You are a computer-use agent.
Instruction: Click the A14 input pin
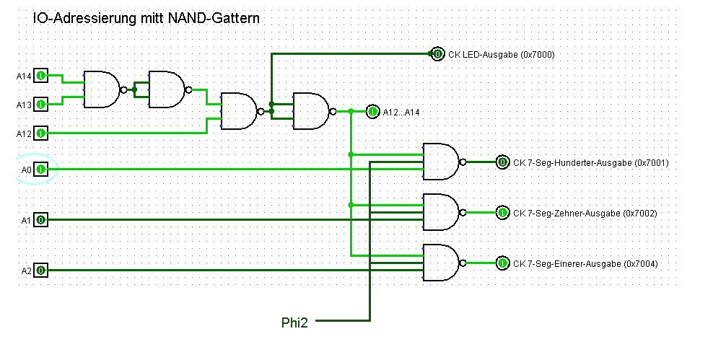(x=41, y=75)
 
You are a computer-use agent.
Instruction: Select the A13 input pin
(x=41, y=105)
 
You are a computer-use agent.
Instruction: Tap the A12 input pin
(x=41, y=133)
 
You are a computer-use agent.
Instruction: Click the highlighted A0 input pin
(x=41, y=170)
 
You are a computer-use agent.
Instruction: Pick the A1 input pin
(x=41, y=219)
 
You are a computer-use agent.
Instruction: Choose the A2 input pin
(x=41, y=271)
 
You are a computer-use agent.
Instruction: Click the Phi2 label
(x=294, y=323)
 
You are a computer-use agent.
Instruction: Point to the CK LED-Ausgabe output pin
(x=437, y=53)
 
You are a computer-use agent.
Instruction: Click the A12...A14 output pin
(x=372, y=112)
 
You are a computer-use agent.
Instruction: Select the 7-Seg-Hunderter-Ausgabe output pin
(x=502, y=162)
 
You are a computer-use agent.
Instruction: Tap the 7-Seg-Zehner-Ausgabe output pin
(x=502, y=213)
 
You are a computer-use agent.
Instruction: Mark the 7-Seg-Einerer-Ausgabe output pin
(x=502, y=263)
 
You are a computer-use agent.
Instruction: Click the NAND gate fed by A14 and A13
(x=101, y=89)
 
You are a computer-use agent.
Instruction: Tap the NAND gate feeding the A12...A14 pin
(x=311, y=111)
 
